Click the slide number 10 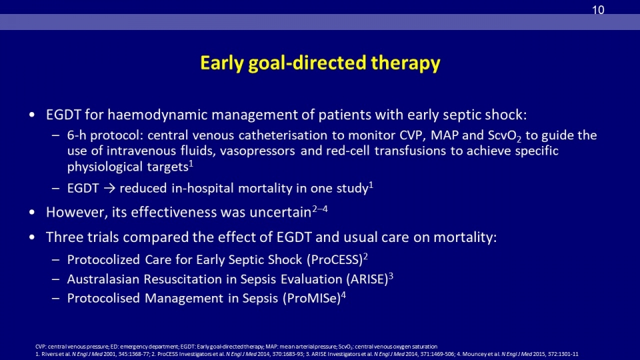click(598, 10)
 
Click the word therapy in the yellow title click(406, 63)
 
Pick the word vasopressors click(257, 151)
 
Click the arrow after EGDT click(109, 189)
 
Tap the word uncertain click(281, 212)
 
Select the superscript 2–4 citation click(320, 209)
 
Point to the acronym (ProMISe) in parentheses click(312, 299)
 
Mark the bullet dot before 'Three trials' click(32, 237)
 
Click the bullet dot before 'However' click(32, 212)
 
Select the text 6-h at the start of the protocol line click(77, 135)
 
